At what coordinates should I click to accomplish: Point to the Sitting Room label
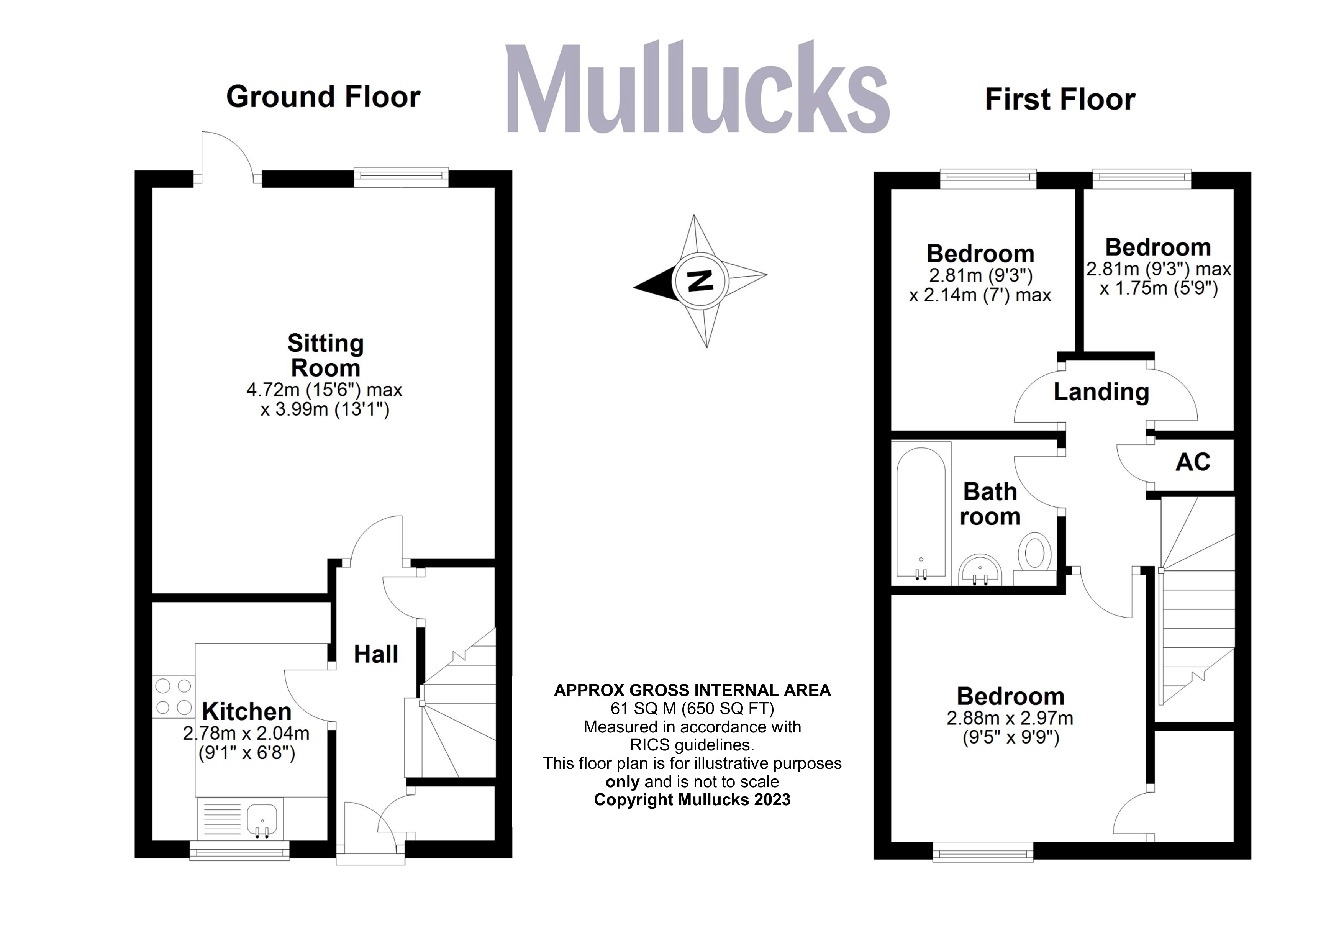[x=325, y=355]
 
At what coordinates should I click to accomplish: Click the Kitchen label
[x=246, y=712]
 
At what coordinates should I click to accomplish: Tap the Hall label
[x=376, y=654]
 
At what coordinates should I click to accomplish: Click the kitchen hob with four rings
[x=173, y=696]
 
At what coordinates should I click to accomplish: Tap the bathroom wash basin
[x=980, y=571]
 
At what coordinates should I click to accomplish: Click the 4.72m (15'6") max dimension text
[x=324, y=390]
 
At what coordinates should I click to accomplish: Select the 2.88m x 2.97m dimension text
[x=1010, y=718]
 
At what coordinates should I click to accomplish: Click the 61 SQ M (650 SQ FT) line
[x=692, y=709]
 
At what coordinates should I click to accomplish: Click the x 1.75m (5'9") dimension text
[x=1159, y=288]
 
